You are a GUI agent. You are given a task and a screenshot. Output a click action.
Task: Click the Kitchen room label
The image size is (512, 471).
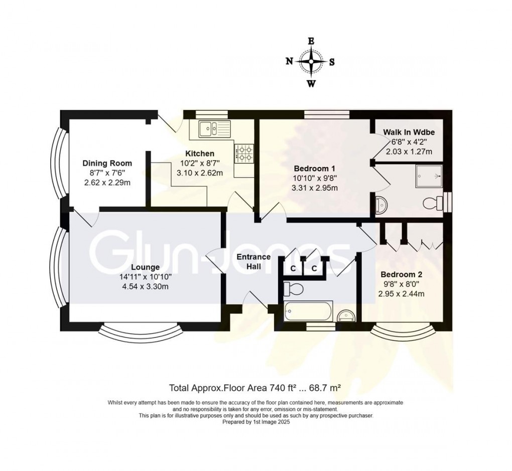point(200,153)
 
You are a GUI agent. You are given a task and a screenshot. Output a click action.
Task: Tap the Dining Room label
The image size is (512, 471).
point(107,163)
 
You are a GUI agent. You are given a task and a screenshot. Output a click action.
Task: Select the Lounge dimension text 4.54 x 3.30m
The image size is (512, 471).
point(145,287)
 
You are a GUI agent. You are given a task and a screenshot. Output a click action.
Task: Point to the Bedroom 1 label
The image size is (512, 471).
point(314,169)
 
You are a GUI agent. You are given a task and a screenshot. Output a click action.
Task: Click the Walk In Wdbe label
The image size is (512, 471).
point(409,132)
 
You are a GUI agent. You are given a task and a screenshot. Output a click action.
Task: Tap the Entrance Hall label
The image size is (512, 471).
point(253,261)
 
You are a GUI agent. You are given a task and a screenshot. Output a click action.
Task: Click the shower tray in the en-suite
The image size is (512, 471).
point(429,176)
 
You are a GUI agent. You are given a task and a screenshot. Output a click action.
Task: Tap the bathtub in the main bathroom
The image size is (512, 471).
point(308,311)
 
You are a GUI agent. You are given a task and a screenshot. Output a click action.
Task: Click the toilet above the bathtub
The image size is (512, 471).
point(293,288)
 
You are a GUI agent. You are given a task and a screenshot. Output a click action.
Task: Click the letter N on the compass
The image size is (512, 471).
point(289,61)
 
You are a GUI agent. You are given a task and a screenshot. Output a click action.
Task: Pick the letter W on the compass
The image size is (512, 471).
point(311,84)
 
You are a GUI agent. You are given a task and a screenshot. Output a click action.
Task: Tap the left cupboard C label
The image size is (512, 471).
point(293,269)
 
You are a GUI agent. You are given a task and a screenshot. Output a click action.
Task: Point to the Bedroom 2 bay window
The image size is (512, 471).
point(404,331)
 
